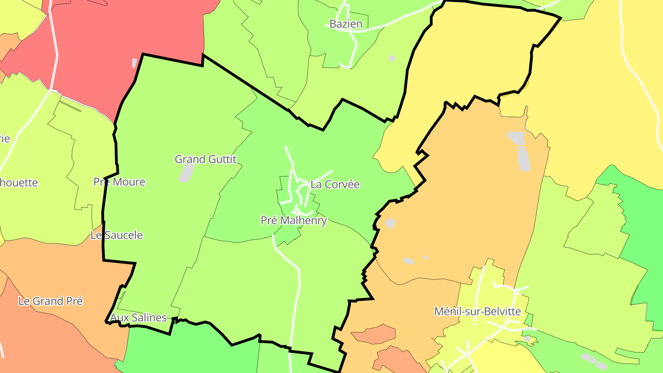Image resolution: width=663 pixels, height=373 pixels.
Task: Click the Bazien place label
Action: tap(346, 24)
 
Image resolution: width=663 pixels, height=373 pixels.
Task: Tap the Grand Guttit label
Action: tap(205, 159)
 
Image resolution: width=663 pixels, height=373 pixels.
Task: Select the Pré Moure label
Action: tap(119, 182)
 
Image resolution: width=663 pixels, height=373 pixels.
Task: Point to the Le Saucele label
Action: tap(116, 235)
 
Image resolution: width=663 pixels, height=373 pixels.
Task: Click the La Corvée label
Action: tap(335, 184)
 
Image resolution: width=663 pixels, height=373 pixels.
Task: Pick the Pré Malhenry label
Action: tap(294, 221)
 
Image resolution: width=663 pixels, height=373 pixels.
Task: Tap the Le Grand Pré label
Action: tap(51, 301)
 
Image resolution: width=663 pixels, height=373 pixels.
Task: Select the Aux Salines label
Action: tap(138, 318)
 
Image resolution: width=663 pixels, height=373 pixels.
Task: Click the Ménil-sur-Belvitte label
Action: tap(477, 311)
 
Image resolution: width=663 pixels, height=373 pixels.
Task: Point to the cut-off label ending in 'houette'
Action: tap(18, 182)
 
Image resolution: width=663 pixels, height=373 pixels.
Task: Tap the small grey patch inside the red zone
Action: tap(134, 63)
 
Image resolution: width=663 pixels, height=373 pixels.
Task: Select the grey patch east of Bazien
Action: tap(392, 58)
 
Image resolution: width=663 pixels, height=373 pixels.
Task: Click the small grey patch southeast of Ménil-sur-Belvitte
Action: tap(528, 339)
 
